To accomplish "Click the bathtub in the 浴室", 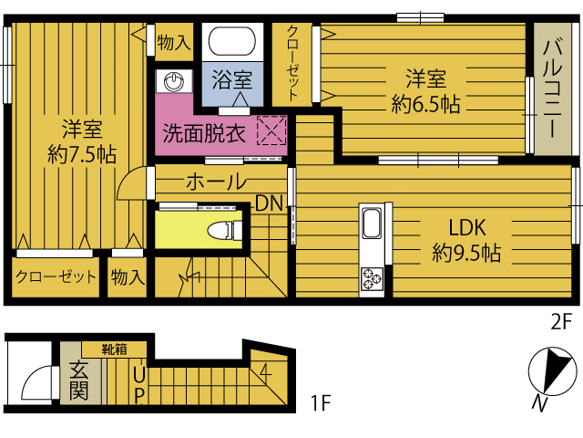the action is coord(232,41).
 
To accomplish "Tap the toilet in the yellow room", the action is coord(225,231).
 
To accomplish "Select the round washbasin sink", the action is coord(174,81).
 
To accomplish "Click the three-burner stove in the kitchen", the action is coord(372,279).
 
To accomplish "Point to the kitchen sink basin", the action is coord(372,223).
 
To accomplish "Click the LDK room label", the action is coord(467,227).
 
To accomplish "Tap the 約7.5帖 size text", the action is coord(82,154).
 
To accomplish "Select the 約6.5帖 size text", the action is coord(425,104).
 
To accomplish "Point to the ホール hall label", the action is coord(216,182).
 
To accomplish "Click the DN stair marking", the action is coord(269,203).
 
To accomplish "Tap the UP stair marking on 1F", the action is coord(138,386).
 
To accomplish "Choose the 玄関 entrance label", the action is coord(78,380).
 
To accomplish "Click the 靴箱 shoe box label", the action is coord(115,349).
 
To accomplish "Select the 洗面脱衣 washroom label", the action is coord(204,133).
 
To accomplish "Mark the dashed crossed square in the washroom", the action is coord(271,130).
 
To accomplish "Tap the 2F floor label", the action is coord(561,322).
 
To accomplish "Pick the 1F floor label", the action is coord(320,402).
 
